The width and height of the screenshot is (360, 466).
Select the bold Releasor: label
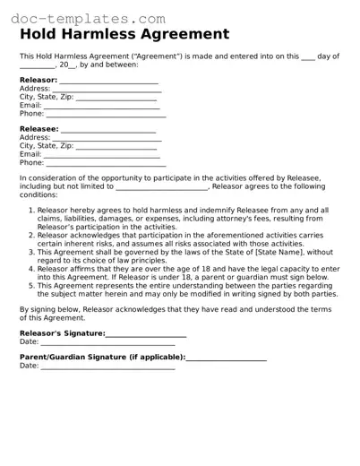(x=38, y=81)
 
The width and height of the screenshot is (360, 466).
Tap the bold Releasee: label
(x=39, y=130)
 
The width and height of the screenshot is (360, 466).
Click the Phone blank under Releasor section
(x=105, y=115)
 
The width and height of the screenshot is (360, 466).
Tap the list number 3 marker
(x=30, y=252)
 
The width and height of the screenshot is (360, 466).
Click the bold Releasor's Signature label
(x=62, y=333)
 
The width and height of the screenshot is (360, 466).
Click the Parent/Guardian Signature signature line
(x=226, y=358)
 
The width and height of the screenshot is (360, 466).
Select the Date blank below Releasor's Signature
(x=107, y=342)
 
